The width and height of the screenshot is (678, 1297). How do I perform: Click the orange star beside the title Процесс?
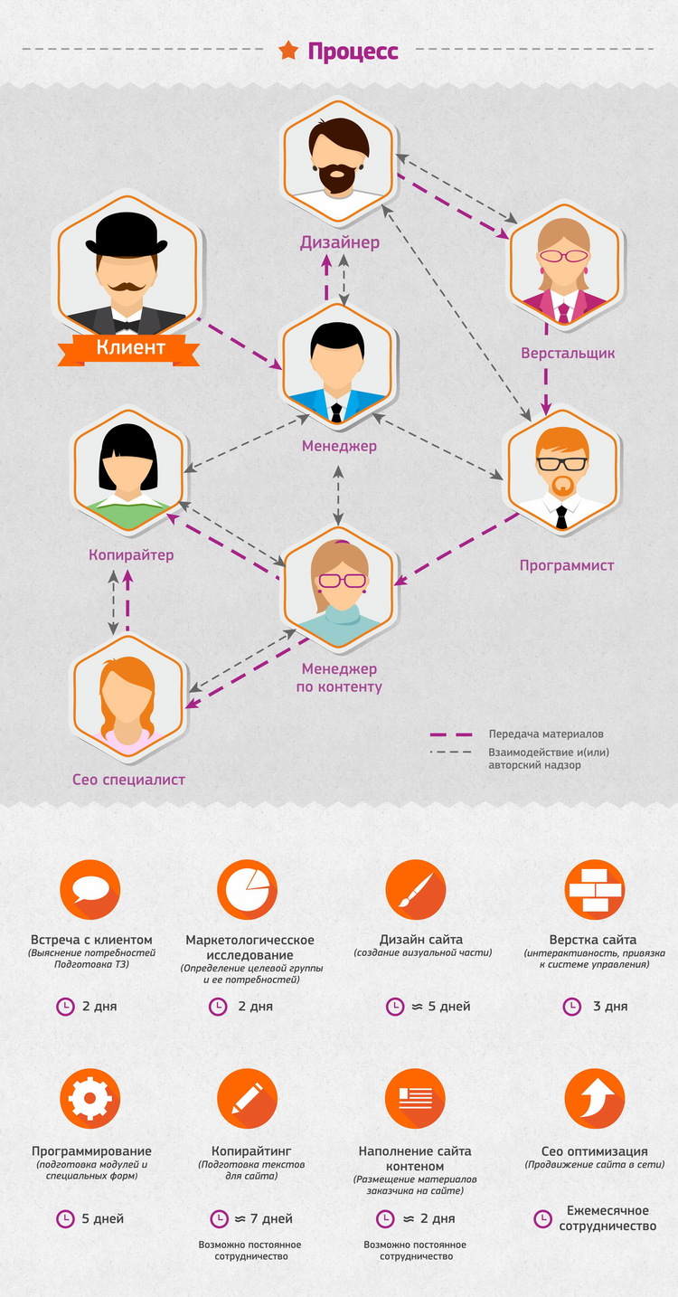click(288, 51)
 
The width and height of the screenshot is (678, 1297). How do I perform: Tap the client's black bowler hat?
click(127, 234)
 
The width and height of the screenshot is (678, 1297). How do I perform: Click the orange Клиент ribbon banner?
click(129, 348)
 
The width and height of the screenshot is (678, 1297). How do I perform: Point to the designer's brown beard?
click(338, 178)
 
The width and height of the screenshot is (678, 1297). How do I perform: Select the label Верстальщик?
click(568, 353)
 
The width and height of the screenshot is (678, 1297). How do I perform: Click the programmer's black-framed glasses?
click(561, 464)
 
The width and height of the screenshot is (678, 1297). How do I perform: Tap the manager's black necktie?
click(336, 412)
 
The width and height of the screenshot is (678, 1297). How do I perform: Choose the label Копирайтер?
click(131, 555)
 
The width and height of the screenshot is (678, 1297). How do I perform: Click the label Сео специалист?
click(128, 780)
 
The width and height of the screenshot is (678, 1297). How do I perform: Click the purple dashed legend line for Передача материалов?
click(451, 734)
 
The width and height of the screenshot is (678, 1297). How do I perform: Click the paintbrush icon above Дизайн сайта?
click(415, 889)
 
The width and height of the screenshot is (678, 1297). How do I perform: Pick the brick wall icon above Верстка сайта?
click(595, 889)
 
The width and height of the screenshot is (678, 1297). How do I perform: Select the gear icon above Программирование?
click(90, 1098)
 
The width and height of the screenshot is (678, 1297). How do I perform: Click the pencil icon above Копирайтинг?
click(247, 1098)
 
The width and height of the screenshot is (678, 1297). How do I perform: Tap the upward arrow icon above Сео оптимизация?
click(595, 1098)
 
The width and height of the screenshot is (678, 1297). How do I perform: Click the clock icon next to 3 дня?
click(571, 1007)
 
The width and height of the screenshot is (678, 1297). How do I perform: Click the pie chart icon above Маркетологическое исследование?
click(247, 889)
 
